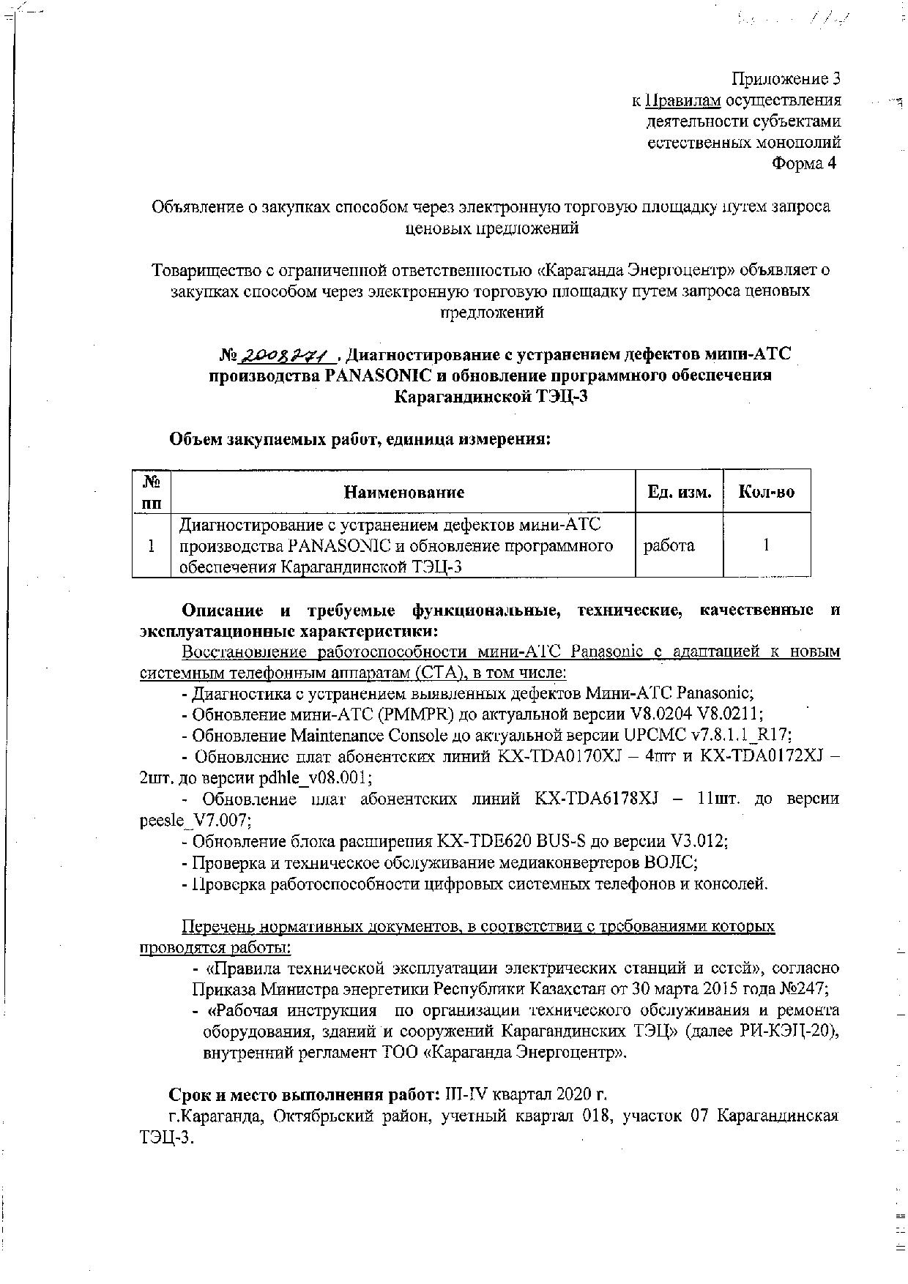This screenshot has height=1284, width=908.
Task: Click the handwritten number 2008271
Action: (x=288, y=356)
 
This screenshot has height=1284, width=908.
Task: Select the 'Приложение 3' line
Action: (x=786, y=78)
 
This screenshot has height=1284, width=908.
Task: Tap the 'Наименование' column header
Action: (x=403, y=492)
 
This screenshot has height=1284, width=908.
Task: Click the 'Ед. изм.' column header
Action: (x=679, y=492)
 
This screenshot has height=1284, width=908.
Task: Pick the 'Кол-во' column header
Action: (x=766, y=492)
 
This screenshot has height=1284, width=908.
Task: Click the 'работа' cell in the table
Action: (x=669, y=545)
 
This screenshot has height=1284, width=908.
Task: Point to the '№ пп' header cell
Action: (x=152, y=492)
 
